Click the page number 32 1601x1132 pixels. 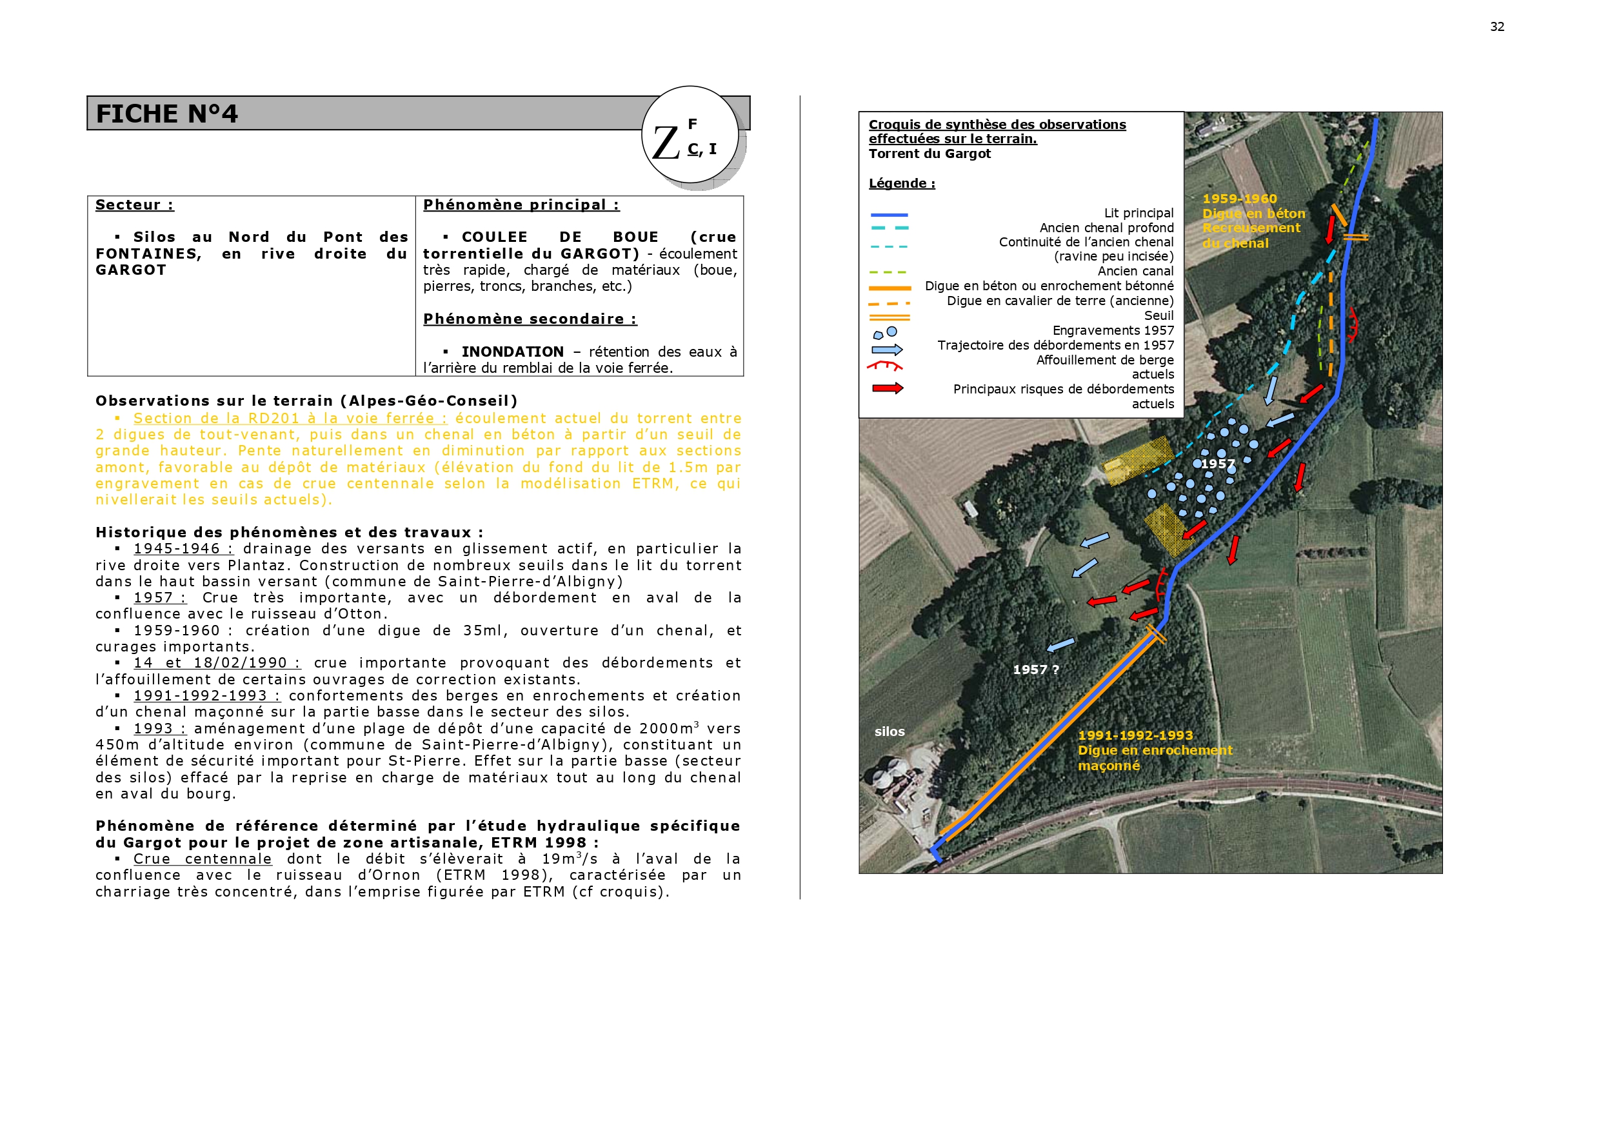click(1497, 26)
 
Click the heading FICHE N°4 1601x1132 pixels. click(166, 114)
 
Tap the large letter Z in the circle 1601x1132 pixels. click(666, 143)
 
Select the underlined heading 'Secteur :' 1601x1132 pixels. click(135, 205)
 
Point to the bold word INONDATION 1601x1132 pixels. click(513, 352)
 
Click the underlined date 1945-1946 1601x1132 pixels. click(183, 549)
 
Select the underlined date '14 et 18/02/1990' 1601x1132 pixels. click(217, 662)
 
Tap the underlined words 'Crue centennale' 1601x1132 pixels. click(202, 859)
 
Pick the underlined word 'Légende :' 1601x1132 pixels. click(902, 183)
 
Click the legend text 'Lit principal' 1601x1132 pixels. click(1138, 213)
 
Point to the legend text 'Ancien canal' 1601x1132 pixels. click(1135, 272)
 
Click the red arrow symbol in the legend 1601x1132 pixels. click(887, 388)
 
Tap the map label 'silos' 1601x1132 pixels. click(889, 731)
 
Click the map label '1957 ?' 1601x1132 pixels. click(1035, 670)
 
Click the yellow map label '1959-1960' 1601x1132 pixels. click(1239, 199)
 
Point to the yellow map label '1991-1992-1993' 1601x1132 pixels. click(1135, 735)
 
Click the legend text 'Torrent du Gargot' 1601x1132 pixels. click(930, 154)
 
